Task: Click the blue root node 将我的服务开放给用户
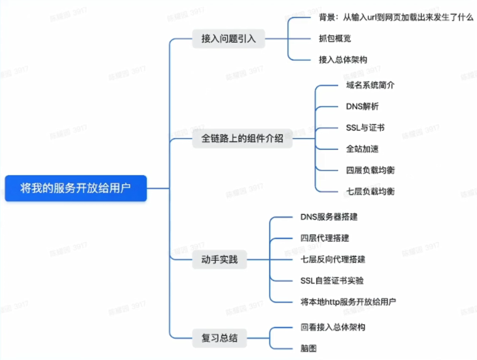tap(76, 188)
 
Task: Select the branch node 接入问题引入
tap(228, 39)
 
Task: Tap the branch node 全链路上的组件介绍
tap(242, 139)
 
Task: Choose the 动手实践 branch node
tap(220, 260)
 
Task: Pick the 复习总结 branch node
tap(220, 338)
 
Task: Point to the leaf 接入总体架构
tap(343, 59)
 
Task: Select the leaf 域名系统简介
tap(370, 85)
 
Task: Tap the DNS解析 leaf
tap(362, 106)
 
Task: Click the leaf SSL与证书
tap(365, 128)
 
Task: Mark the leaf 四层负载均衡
tap(370, 170)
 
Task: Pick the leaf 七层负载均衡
tap(370, 191)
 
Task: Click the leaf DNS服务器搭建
tap(329, 217)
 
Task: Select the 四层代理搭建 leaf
tap(325, 238)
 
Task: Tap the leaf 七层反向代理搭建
tap(333, 259)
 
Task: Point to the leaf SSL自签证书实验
tap(332, 280)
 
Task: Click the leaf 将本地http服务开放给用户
tap(348, 301)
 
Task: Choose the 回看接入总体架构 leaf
tap(333, 327)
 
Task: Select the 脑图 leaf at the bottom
tap(308, 348)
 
